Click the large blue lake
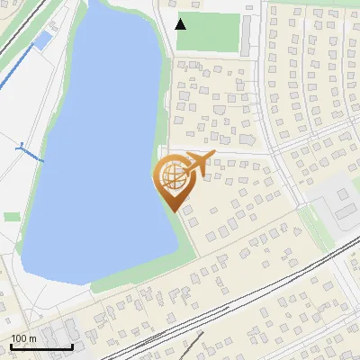pos(99,153)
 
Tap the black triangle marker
pos(181,23)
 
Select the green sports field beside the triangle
pos(216,31)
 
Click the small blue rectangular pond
pos(41,40)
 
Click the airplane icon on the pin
pos(199,163)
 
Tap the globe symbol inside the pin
pos(173,175)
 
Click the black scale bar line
pos(41,346)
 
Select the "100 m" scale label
pos(24,338)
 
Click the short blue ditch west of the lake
pos(30,150)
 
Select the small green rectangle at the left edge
pos(11,216)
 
